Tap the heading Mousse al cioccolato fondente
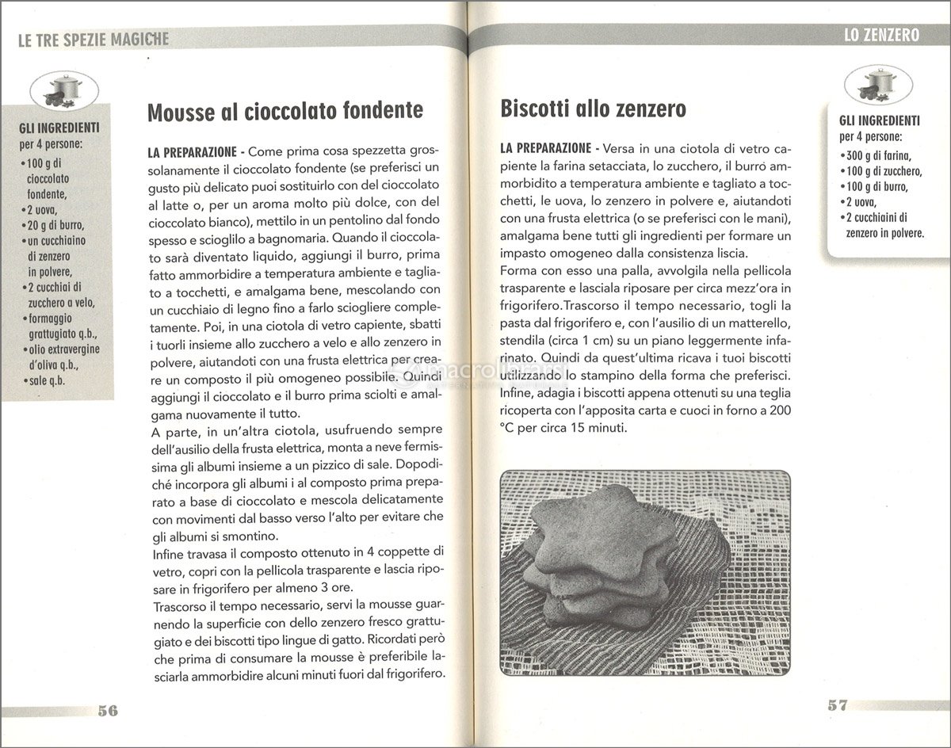[x=285, y=111]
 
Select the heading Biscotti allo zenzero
[x=594, y=109]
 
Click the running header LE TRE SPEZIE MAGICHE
[x=93, y=39]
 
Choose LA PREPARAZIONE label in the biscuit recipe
[x=545, y=148]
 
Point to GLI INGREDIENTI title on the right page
[x=879, y=121]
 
